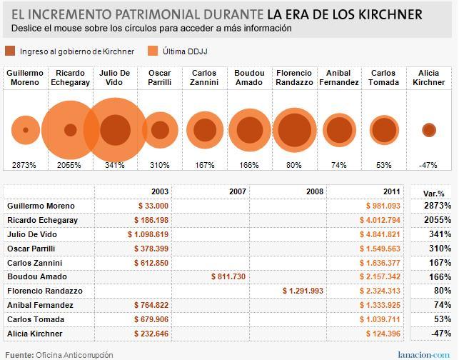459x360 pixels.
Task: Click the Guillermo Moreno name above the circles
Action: click(26, 78)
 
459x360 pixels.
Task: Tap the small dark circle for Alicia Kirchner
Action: click(428, 130)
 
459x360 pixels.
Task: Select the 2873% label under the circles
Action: click(26, 165)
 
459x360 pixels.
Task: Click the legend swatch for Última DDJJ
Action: click(152, 51)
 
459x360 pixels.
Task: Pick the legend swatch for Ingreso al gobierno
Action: click(10, 51)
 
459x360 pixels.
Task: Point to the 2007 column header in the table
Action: click(237, 192)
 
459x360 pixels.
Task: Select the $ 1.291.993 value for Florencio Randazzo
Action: click(303, 291)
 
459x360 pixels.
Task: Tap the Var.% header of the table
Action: click(433, 193)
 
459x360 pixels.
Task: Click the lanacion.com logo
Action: click(423, 354)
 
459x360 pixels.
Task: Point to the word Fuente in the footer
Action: click(19, 354)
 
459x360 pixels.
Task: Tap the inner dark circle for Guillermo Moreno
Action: click(26, 130)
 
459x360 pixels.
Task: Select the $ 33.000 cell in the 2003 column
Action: click(152, 206)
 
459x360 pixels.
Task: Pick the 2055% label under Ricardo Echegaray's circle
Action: click(69, 165)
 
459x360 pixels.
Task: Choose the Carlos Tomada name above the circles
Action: click(383, 78)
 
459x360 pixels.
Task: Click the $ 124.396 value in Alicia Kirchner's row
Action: click(383, 334)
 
